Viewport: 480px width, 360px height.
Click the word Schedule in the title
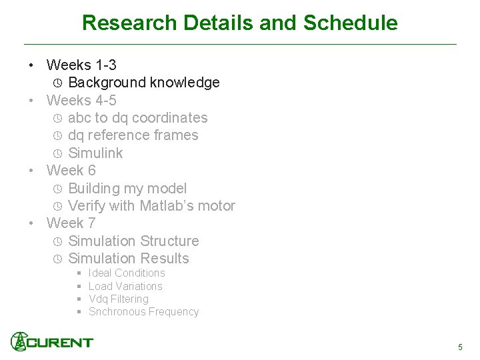(x=351, y=23)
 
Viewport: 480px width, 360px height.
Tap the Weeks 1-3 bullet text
(x=81, y=65)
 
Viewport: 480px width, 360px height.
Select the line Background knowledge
(x=143, y=83)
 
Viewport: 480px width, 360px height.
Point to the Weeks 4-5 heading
(x=81, y=101)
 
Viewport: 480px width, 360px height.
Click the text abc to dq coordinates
(x=137, y=118)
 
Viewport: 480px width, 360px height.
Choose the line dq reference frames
(x=133, y=135)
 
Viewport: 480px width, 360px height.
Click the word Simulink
(x=95, y=153)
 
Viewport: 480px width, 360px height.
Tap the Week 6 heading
(x=71, y=171)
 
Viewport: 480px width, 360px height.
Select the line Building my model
(x=127, y=189)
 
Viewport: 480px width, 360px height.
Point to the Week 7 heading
(x=71, y=223)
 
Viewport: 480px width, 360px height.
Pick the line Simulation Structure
(x=133, y=241)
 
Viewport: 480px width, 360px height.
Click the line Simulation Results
(x=129, y=259)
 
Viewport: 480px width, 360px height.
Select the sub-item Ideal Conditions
(x=127, y=273)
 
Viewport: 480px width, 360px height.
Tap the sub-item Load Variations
(x=125, y=286)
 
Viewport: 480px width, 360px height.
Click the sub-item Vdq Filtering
(x=119, y=299)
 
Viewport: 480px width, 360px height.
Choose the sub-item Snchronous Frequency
(x=143, y=312)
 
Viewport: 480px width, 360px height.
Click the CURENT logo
(x=52, y=342)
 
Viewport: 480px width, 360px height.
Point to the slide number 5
(x=460, y=347)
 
